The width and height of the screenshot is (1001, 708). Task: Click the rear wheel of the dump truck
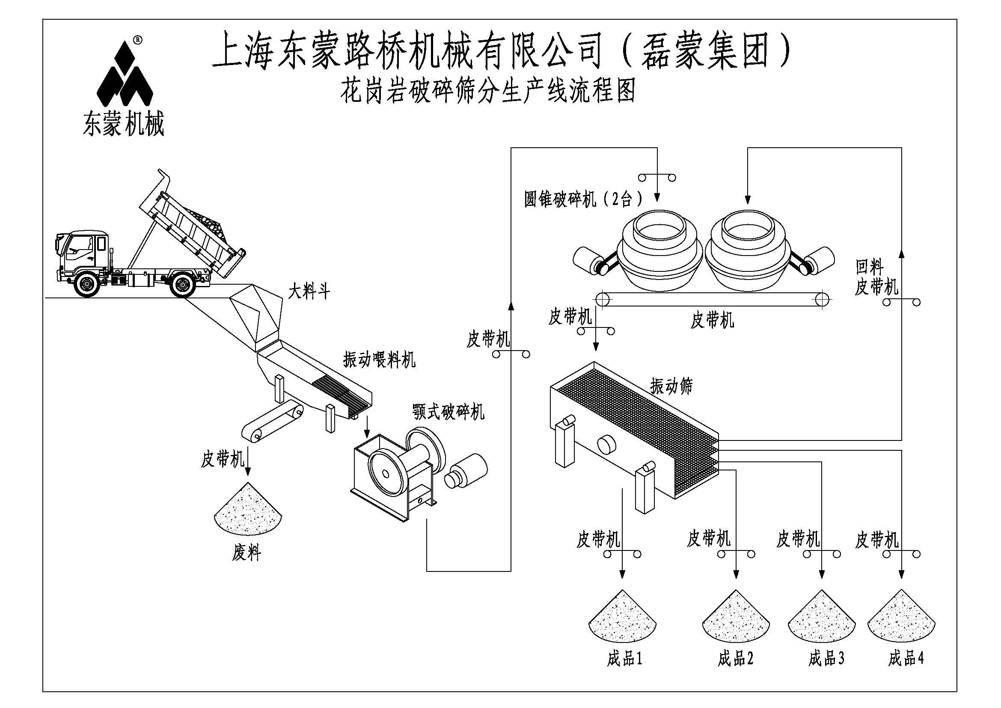[x=182, y=284]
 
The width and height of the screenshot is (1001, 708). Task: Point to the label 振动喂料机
[x=379, y=360]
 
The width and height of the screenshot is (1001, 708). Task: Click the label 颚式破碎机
[x=448, y=411]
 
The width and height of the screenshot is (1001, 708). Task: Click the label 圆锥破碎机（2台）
[x=584, y=199]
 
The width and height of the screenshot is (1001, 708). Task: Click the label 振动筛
[x=671, y=385]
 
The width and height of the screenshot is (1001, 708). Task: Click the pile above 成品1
[x=622, y=617]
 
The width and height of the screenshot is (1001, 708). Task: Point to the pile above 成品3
[x=821, y=617]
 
